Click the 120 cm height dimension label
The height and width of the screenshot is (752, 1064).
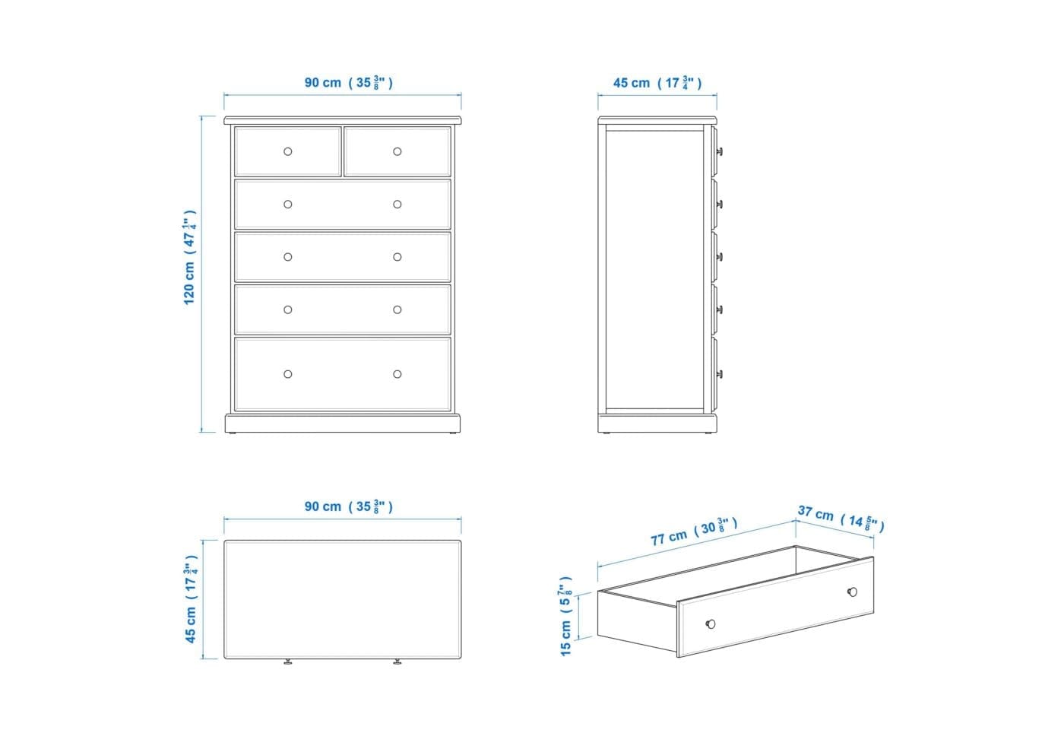coord(189,257)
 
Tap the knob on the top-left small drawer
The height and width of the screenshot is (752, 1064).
coord(288,151)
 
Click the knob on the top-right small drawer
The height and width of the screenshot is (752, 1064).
coord(397,151)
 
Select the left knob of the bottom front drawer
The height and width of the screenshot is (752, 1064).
coord(288,374)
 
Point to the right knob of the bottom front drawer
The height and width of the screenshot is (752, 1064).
coord(397,374)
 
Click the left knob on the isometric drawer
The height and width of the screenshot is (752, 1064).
coord(711,623)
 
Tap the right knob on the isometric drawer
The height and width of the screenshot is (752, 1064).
coord(853,592)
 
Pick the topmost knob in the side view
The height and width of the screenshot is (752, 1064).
coord(720,151)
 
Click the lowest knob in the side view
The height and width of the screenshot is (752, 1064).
coord(720,374)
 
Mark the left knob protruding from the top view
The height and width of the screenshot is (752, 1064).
coord(288,662)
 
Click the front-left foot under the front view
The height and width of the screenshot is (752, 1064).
coord(232,433)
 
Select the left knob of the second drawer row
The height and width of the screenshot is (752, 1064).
coord(288,205)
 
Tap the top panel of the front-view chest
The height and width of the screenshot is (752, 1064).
coord(343,120)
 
